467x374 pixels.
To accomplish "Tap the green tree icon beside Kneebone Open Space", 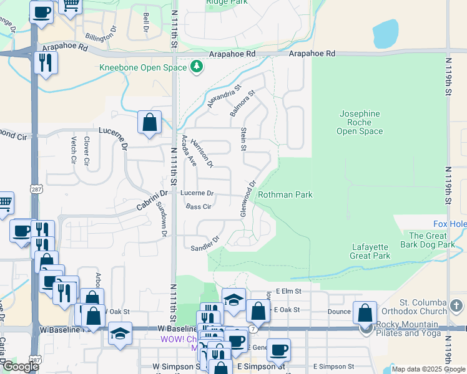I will click(x=197, y=66).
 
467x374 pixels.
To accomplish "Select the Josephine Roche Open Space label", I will click(x=359, y=122).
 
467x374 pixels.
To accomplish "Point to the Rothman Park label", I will click(x=285, y=194).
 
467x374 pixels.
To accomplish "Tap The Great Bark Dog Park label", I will click(x=431, y=240).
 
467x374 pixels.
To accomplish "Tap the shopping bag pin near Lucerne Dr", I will click(x=150, y=123).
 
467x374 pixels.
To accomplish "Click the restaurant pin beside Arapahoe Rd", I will click(x=45, y=63).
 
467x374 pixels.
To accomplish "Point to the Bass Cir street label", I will click(x=198, y=206).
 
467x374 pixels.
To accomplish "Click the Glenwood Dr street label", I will click(x=248, y=199).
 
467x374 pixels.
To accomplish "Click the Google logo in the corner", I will click(x=20, y=366).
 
